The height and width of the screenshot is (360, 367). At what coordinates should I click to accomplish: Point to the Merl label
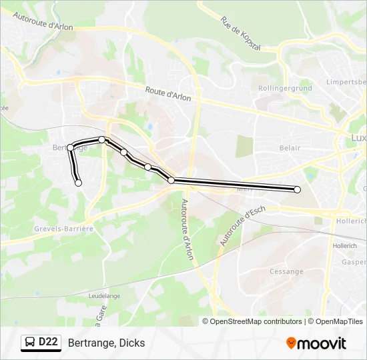[x=244, y=189]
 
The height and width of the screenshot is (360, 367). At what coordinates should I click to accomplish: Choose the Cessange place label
[x=286, y=271]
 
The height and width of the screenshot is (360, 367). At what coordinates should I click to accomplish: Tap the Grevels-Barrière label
[x=63, y=228]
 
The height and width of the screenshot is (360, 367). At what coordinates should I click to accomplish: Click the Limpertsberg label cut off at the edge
[x=346, y=82]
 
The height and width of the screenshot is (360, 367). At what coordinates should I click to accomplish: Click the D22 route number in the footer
[x=48, y=343]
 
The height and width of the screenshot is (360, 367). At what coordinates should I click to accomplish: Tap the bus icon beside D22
[x=30, y=343]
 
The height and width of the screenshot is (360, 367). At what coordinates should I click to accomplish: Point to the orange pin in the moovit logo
[x=291, y=343]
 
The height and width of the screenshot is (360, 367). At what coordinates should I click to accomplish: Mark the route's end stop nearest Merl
[x=297, y=189]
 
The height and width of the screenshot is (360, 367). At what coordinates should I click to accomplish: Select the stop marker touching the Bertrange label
[x=70, y=148]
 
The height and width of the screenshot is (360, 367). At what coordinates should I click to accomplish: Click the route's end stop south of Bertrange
[x=79, y=183]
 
